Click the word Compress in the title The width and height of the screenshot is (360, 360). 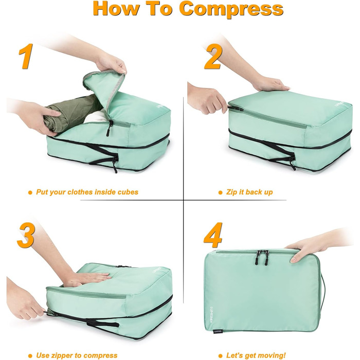point(231,10)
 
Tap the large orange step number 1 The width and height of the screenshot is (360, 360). point(26,56)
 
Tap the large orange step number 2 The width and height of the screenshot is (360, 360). point(213,57)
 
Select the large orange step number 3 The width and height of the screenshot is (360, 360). point(26,235)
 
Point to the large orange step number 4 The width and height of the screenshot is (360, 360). point(213,235)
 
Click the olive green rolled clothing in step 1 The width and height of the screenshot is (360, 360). point(71,114)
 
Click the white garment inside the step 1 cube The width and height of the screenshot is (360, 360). point(95,117)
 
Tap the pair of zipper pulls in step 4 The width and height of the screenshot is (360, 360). point(262,258)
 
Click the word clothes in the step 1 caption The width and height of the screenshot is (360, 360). point(79,192)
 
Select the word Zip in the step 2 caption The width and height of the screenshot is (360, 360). point(231,192)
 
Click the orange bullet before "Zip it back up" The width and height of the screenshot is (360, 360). point(220,192)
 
